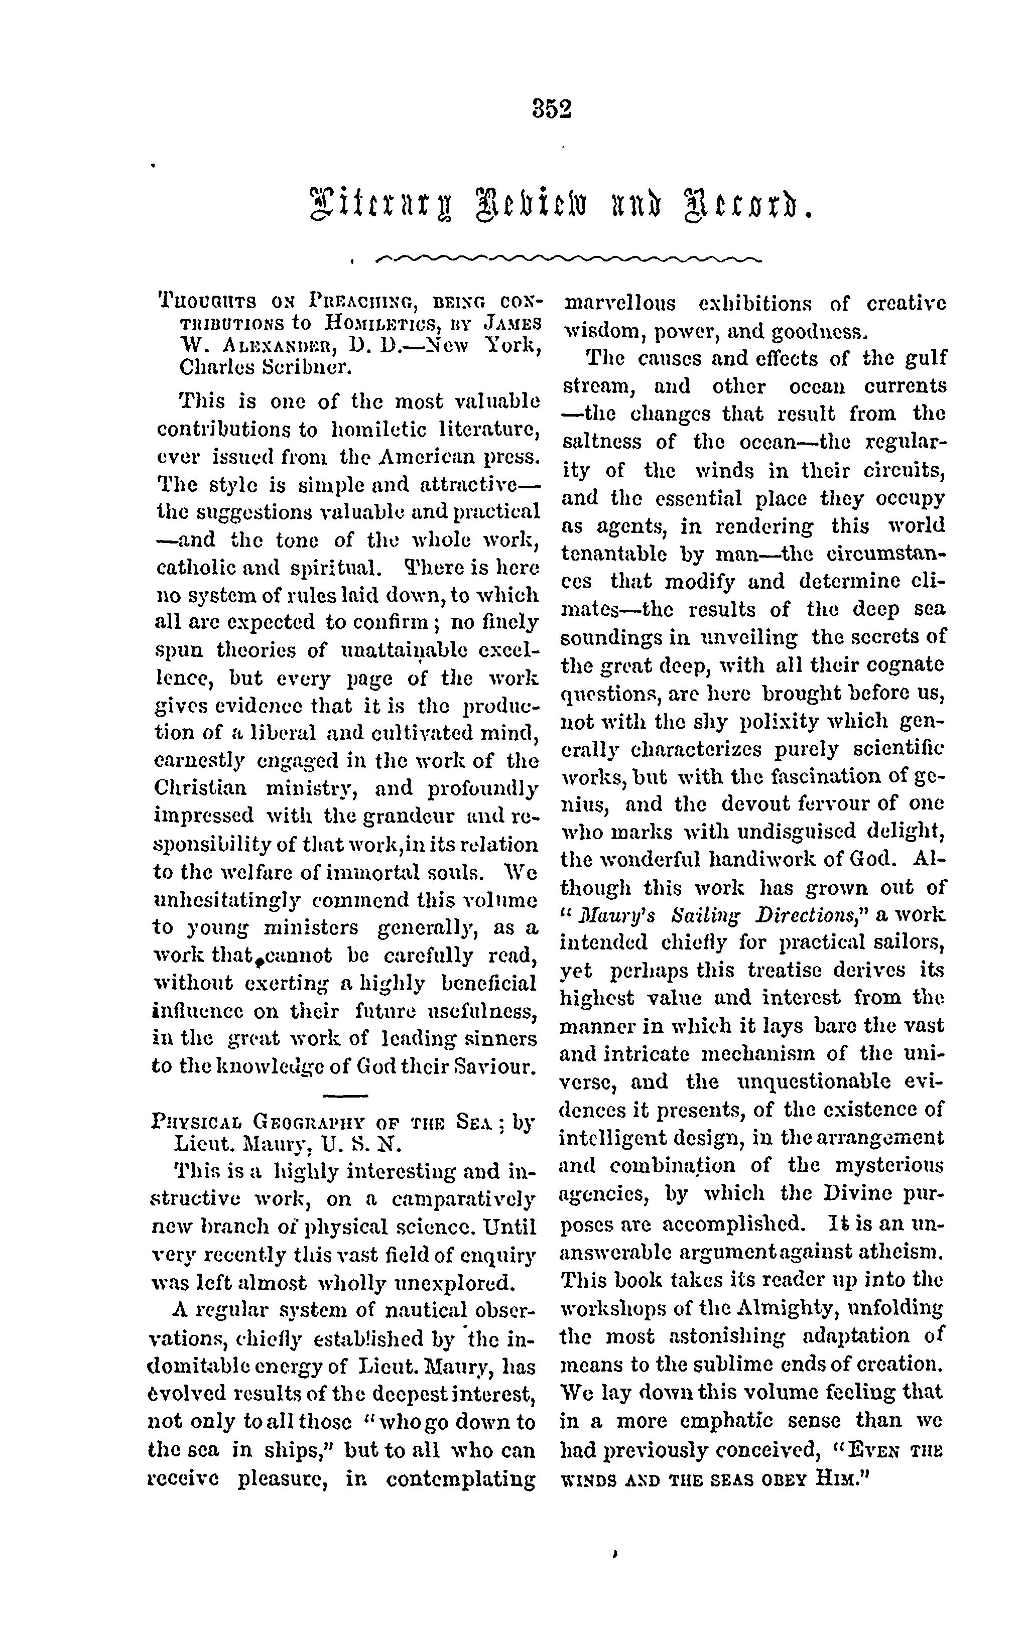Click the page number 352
tap(553, 108)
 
